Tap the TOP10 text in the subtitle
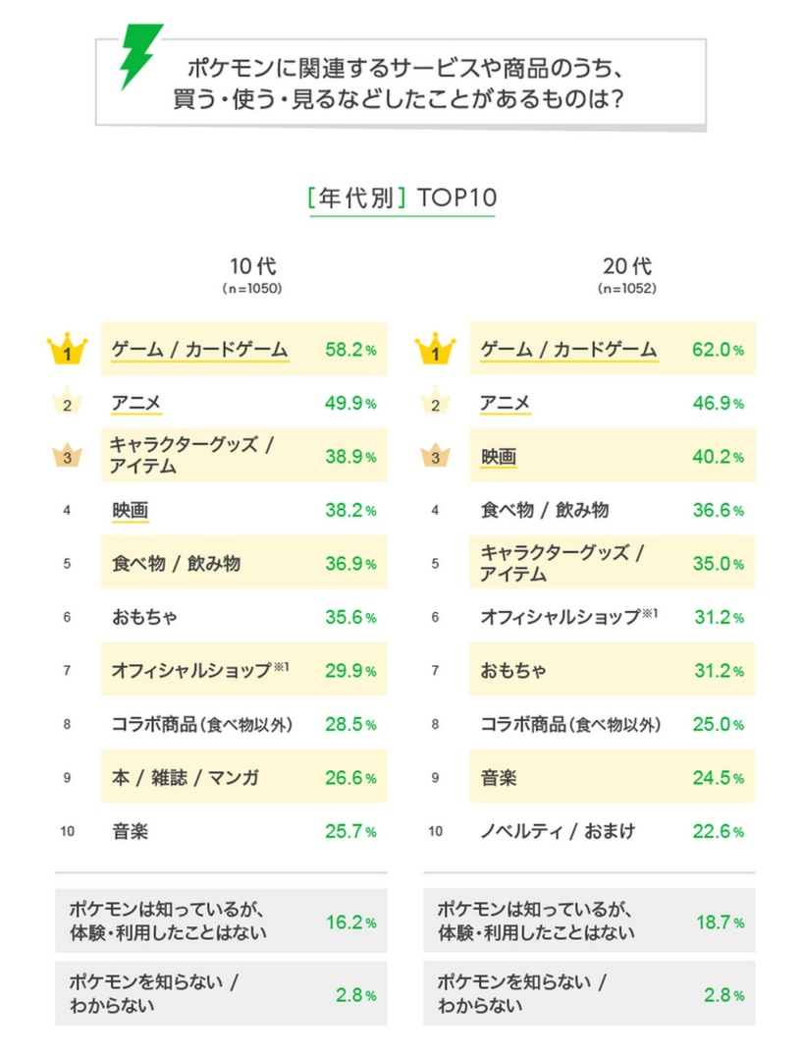coord(456,196)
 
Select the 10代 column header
coord(252,266)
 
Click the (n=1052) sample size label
coord(626,289)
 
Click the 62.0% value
coord(718,350)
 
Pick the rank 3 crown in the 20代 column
coord(435,457)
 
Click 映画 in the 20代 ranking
coord(499,457)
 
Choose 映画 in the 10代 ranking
coord(131,510)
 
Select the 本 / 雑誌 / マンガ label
coord(186,778)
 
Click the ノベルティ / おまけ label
coord(558,831)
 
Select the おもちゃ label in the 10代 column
coord(144,618)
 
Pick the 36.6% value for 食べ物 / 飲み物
coord(718,511)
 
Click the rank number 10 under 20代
coord(435,832)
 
